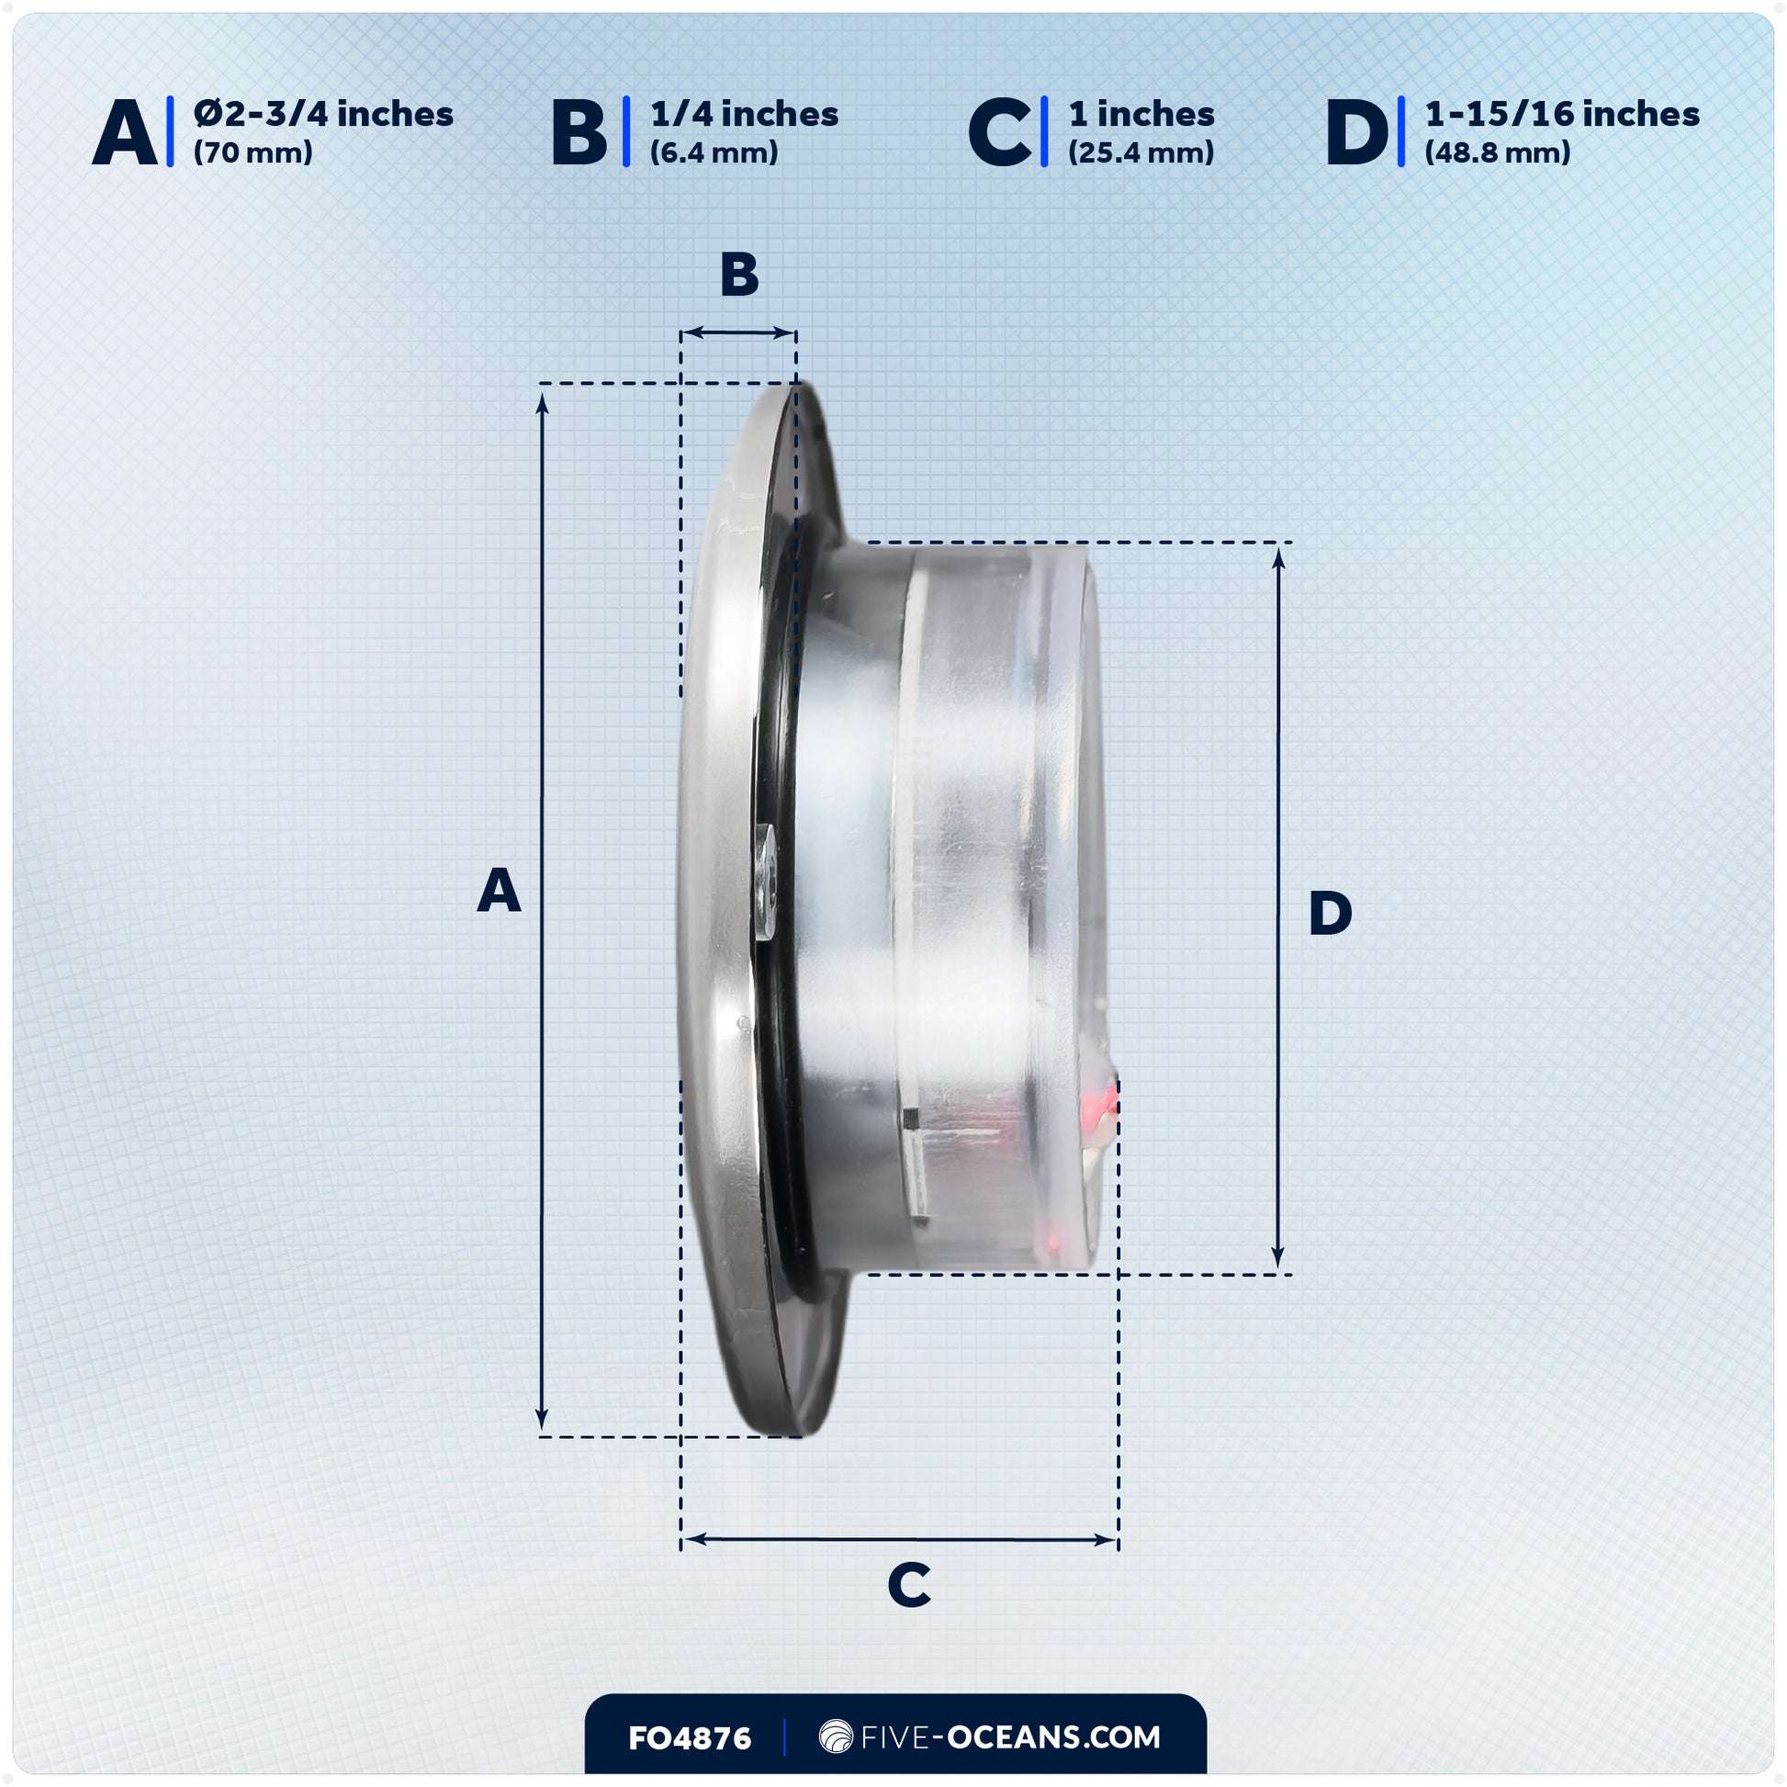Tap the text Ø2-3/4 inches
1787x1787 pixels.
323,114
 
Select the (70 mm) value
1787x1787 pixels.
253,152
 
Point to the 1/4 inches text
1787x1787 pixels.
744,114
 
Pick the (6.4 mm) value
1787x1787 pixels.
714,152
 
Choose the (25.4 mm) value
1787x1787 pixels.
1141,152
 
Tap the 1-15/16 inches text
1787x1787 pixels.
1561,114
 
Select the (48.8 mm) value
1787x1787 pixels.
1497,152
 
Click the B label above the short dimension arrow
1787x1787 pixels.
739,275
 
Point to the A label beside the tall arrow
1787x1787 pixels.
499,891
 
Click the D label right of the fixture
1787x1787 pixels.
1330,913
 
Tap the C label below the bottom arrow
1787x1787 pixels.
908,1584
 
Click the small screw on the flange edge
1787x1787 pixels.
765,884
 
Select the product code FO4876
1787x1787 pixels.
689,1738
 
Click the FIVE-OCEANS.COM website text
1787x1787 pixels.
1010,1737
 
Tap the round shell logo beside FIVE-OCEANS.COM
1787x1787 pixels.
837,1737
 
